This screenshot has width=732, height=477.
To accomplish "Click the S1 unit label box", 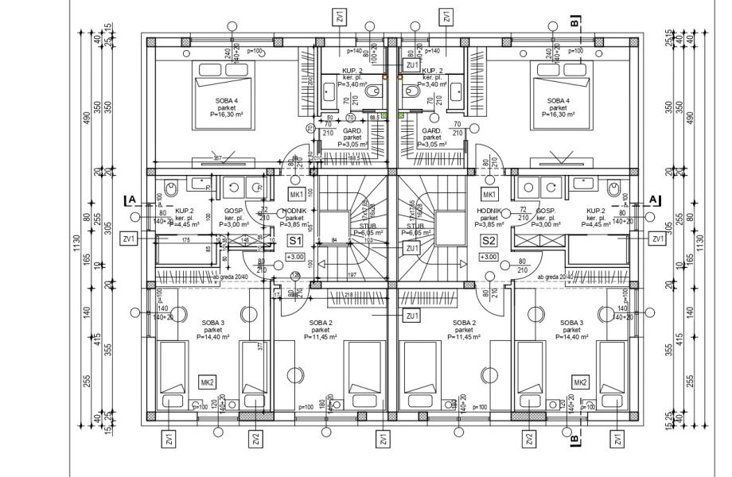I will tap(294, 239).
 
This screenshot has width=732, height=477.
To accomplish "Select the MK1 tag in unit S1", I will tap(296, 195).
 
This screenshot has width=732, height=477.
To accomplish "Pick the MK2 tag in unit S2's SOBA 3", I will tap(580, 382).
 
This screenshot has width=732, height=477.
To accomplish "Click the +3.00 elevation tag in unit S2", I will tap(488, 257).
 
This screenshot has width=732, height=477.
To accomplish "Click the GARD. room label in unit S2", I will tap(432, 130).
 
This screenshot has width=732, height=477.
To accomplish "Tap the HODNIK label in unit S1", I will tap(294, 211).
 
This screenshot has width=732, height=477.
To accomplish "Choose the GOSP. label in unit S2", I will tap(545, 211).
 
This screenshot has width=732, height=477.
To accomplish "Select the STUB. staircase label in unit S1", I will tap(368, 225).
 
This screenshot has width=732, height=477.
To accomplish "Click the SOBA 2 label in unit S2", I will tap(464, 323).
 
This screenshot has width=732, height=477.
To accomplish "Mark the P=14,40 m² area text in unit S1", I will tap(212, 336).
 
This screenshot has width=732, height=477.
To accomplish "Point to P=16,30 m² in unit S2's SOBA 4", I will tap(558, 114).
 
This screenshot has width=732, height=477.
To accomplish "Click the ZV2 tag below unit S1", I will tap(255, 439).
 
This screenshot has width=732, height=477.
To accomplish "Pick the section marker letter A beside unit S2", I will tap(654, 199).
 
